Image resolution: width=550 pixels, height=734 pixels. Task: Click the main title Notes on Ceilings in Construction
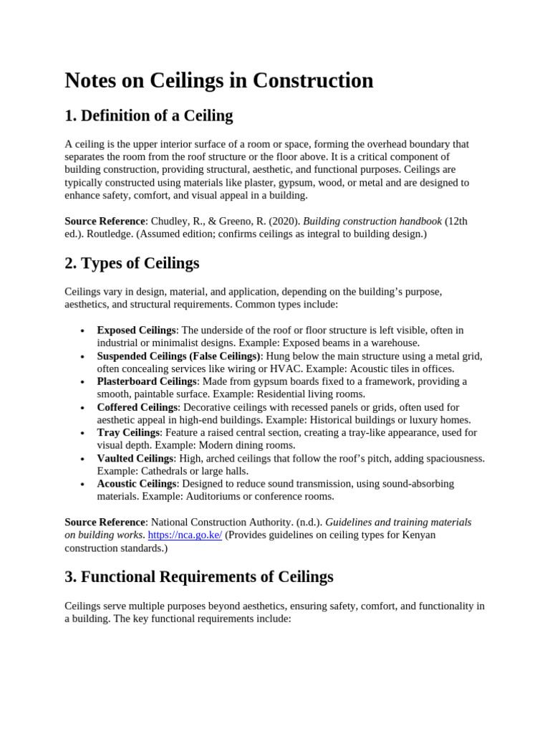point(218,80)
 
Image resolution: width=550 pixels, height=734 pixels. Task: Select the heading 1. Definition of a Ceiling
point(149,115)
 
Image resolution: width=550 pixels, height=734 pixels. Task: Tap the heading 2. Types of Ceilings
point(132,263)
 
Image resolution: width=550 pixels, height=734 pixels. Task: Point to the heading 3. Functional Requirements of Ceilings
point(199,576)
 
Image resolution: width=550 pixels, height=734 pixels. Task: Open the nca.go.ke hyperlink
point(185,535)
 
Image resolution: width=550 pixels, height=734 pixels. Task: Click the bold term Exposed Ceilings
point(136,330)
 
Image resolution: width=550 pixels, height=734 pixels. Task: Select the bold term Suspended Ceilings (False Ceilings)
point(178,356)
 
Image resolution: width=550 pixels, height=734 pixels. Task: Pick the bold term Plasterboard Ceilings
point(146,381)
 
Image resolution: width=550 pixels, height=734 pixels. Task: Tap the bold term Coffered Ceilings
point(137,407)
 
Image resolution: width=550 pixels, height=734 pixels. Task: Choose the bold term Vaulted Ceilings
point(135,458)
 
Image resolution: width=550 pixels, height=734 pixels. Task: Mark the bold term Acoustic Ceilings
point(136,484)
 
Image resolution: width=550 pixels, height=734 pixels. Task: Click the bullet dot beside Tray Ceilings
point(83,433)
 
